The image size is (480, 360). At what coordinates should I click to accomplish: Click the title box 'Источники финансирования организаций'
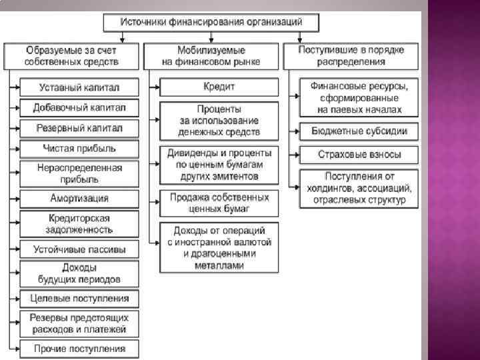tap(211, 22)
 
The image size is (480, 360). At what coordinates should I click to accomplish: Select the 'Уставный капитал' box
tap(79, 87)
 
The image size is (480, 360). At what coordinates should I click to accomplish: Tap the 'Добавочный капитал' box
tap(79, 107)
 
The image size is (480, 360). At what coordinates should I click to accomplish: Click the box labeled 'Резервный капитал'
tap(79, 127)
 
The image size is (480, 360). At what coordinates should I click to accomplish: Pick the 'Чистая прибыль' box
tap(79, 148)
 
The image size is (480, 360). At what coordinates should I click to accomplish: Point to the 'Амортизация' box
tap(79, 199)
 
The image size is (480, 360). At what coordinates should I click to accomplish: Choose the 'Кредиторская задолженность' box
tap(79, 223)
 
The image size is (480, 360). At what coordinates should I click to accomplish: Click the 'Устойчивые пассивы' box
tap(79, 250)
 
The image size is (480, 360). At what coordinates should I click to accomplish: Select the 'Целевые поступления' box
tap(79, 297)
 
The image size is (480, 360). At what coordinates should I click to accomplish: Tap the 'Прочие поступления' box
tap(79, 349)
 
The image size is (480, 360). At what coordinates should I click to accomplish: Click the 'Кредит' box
tap(219, 87)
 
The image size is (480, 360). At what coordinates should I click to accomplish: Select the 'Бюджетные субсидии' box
tap(359, 131)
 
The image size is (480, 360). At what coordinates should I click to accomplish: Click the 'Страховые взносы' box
tap(359, 155)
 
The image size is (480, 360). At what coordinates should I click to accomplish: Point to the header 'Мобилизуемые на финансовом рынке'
tap(211, 56)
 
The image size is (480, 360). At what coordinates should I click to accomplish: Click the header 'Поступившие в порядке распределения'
tap(351, 56)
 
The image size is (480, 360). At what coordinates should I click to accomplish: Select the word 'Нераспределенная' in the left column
tap(79, 168)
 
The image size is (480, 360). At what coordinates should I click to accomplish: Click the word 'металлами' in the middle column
tap(219, 265)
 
